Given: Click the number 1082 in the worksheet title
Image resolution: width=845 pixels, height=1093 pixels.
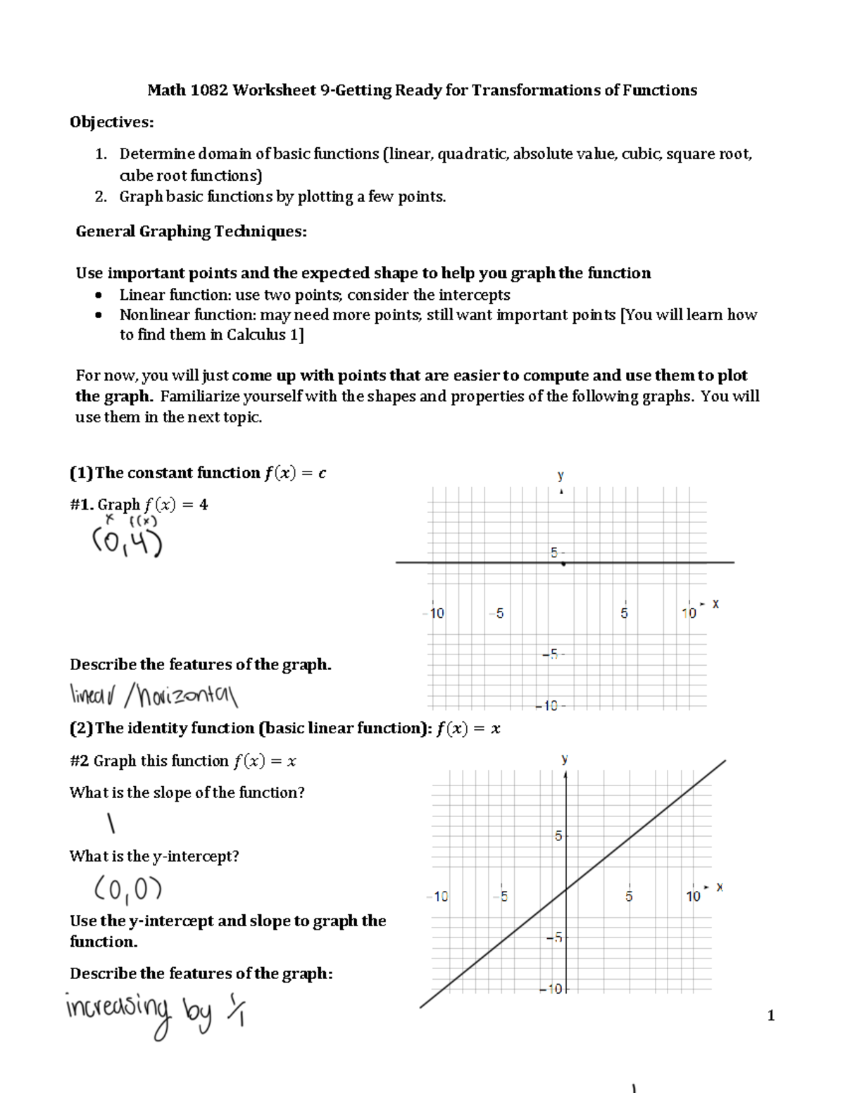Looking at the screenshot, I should coord(209,90).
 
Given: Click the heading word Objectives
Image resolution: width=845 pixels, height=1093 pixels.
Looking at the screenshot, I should coord(111,122).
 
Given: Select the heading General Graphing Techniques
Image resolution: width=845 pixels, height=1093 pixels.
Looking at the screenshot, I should coord(191,232).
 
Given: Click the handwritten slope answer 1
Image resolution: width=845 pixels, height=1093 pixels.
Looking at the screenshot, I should coord(111,823).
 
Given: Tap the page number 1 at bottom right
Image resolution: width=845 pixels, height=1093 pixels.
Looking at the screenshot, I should coord(771,1015).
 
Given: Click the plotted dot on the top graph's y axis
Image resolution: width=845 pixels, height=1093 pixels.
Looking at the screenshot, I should coord(563,564).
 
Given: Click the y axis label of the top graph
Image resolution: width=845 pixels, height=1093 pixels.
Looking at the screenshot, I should coord(561,476).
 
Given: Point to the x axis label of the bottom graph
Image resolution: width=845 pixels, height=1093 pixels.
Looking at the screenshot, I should coord(720,887).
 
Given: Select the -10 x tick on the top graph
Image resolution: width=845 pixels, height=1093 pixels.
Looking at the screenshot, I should coord(435,613).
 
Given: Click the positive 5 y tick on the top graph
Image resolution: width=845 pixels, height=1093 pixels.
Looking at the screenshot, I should coord(555,553).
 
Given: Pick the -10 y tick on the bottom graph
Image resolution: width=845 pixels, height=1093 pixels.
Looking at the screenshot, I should coord(553,989).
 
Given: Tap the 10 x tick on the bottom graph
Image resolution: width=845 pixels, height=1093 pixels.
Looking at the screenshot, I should coord(693,896).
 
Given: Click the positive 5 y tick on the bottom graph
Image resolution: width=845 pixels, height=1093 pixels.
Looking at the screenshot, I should coord(558,836).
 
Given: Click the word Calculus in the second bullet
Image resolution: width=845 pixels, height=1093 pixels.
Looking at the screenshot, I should coord(256,335).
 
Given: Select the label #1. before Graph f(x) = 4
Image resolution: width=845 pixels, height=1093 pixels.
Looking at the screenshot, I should coord(82,505).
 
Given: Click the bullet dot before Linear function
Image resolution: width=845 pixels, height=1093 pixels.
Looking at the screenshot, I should coord(99,295).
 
